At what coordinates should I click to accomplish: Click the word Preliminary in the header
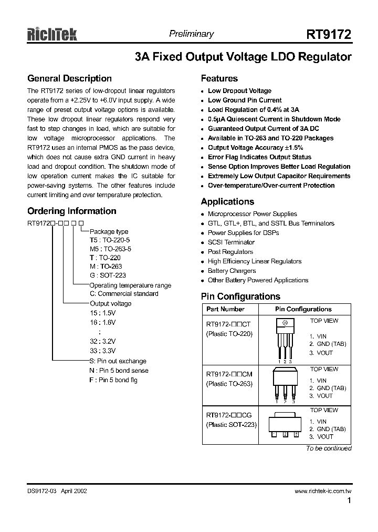point(191,34)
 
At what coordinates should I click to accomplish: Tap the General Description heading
point(69,79)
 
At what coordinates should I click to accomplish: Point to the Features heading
point(219,79)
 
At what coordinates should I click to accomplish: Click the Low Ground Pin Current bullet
point(245,100)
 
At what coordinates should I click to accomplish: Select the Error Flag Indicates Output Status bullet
point(259,157)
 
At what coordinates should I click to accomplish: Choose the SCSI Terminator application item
point(231,242)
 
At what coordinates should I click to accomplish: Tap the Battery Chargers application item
point(232,271)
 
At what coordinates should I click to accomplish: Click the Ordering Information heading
point(72,211)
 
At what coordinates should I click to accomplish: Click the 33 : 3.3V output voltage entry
point(102,350)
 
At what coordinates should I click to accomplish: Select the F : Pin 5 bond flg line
point(113,380)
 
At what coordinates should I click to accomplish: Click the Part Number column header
point(225,309)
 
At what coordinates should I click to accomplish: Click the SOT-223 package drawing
point(285,425)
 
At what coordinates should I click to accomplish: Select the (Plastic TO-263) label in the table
point(229,384)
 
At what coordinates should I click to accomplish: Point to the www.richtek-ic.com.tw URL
point(323,491)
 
